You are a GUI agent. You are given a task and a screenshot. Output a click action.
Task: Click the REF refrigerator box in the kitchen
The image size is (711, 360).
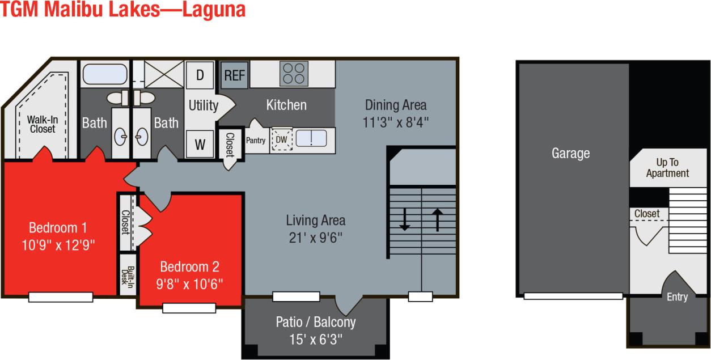click(x=234, y=75)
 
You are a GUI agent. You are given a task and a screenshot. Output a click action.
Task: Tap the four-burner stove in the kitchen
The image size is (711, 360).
click(x=293, y=74)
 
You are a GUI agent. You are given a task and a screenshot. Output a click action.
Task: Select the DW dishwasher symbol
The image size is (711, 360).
click(x=281, y=139)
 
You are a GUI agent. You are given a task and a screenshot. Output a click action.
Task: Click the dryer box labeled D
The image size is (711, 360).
click(x=200, y=75)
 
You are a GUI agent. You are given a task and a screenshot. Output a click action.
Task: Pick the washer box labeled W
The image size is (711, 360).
click(x=200, y=144)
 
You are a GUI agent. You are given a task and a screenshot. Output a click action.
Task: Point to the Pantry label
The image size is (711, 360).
click(x=256, y=141)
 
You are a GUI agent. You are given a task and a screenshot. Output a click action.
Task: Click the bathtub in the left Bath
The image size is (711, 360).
click(x=105, y=74)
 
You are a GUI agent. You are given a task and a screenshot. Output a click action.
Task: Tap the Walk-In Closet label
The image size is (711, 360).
click(x=43, y=124)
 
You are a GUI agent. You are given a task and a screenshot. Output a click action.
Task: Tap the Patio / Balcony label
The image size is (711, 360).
click(x=316, y=323)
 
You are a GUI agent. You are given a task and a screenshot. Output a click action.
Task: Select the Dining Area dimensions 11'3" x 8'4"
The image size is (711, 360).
click(x=396, y=122)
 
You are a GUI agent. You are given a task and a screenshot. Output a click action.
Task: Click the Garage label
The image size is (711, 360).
click(x=570, y=153)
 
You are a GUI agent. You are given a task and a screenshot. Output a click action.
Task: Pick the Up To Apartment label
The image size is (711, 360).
click(x=667, y=168)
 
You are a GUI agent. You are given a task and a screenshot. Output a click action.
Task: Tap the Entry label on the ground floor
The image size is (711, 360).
click(x=677, y=297)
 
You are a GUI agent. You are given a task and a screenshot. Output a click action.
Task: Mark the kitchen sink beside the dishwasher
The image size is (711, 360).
click(x=311, y=138)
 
